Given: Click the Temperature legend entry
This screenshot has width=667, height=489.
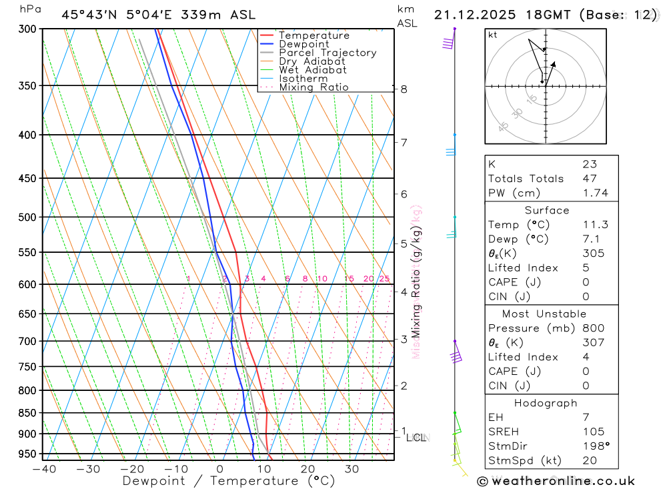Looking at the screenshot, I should pos(313,35).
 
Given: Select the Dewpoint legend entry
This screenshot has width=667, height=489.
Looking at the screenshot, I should pos(303,44).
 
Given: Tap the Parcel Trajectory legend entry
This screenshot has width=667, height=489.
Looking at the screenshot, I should pos(327,53).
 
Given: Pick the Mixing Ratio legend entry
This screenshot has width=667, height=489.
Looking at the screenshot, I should pos(313,87).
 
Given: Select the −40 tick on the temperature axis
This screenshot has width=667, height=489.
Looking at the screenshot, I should pos(44,469).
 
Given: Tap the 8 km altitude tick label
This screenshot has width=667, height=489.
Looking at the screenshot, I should pos(404,89).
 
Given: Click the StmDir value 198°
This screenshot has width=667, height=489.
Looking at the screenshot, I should pos(592,446).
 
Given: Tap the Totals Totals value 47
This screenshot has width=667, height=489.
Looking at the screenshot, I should pos(589,178).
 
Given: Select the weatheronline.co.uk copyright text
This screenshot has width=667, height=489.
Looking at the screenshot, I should pos(556,481).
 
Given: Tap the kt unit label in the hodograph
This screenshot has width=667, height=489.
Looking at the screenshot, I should pos(493,35).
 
